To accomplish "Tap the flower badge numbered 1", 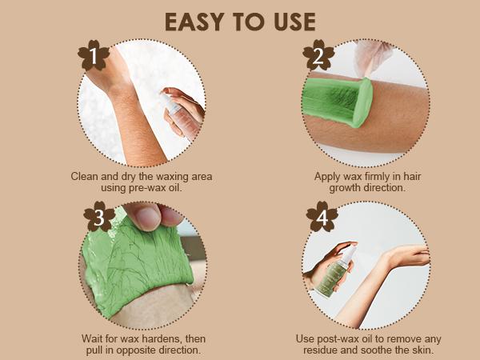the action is [x=94, y=55].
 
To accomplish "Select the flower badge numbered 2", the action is [x=318, y=55].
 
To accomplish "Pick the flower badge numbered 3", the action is [x=99, y=217].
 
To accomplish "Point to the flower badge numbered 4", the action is [x=322, y=217].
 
